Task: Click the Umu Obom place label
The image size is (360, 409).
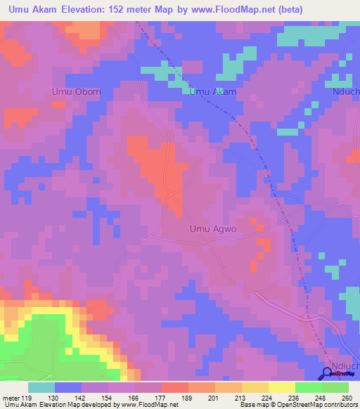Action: point(77,92)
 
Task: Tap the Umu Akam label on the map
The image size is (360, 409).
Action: point(214,92)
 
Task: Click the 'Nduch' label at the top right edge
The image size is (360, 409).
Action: point(347,92)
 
